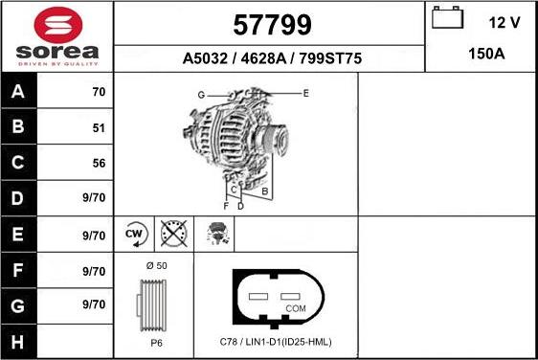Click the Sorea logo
[x=57, y=36]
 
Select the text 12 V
[x=504, y=22]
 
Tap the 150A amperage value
[x=486, y=55]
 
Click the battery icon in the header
[x=447, y=19]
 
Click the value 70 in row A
[x=98, y=93]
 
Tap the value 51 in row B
[x=98, y=128]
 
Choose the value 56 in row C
[x=98, y=164]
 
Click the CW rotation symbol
[x=134, y=233]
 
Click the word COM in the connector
[x=297, y=308]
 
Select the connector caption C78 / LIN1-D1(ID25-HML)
[x=276, y=342]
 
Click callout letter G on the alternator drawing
[x=201, y=95]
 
